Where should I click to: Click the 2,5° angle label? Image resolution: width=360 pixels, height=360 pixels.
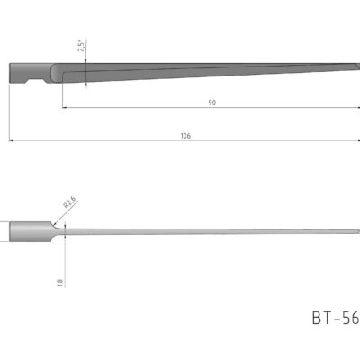81,46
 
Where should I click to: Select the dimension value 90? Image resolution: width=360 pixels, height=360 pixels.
211,103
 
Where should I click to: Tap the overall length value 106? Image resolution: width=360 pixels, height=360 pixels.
184,136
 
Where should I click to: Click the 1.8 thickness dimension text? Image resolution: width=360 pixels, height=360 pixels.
60,282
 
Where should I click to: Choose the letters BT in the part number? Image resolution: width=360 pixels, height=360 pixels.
321,318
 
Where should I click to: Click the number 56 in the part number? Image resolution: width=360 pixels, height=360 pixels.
348,318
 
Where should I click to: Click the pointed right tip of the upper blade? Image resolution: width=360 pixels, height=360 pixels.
357,67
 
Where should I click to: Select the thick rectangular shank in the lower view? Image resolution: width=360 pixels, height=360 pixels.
26,231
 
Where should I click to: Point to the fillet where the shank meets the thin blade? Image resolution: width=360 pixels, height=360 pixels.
49,231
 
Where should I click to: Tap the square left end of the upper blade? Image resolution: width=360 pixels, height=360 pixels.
12,72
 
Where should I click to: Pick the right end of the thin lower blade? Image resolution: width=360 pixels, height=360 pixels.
356,232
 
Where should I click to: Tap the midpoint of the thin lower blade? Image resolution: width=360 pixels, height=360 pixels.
202,232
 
